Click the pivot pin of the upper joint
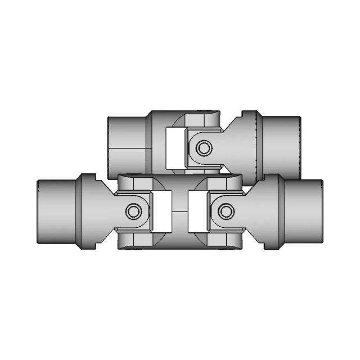pyautogui.click(x=202, y=147)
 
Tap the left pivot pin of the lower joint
pyautogui.click(x=133, y=211)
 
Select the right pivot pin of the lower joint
pyautogui.click(x=226, y=211)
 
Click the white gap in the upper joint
pyautogui.click(x=175, y=147)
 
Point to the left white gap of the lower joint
pyautogui.click(x=162, y=211)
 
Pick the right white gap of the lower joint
pyautogui.click(x=197, y=211)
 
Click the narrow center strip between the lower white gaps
pyautogui.click(x=179, y=211)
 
